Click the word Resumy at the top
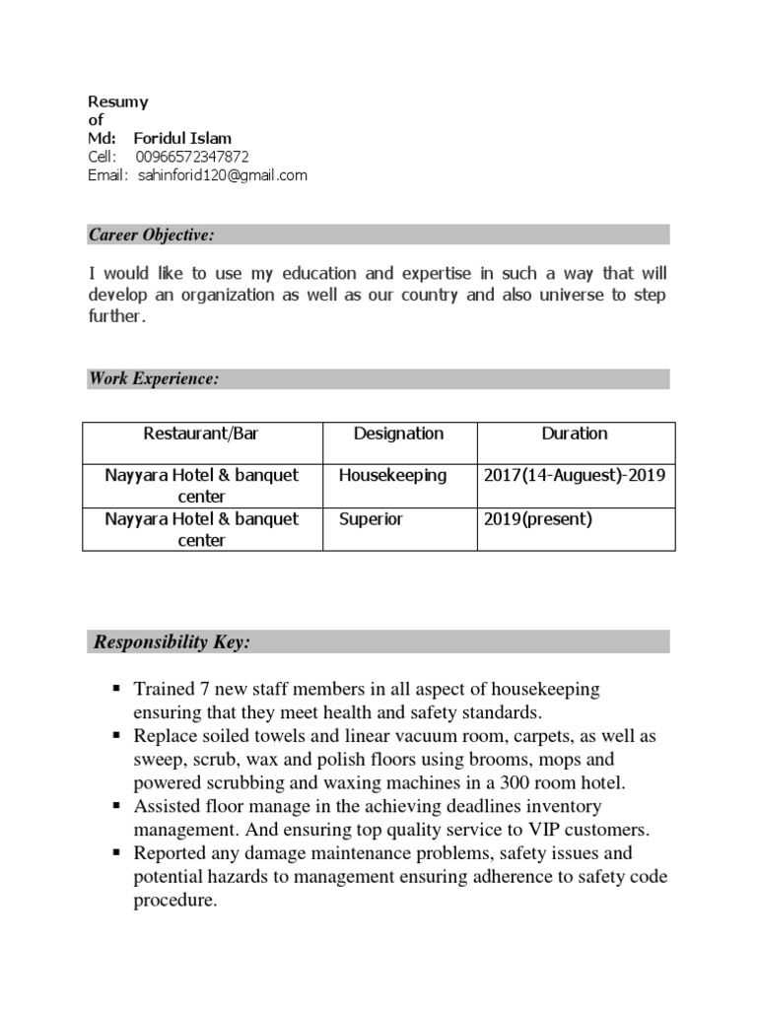(118, 101)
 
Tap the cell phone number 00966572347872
(192, 157)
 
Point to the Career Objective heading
(152, 235)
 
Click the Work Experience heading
(154, 379)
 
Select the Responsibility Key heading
(172, 642)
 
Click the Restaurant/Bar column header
(201, 434)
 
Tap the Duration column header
(575, 434)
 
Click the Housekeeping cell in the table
(392, 475)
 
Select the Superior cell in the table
(371, 518)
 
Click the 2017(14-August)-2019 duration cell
(575, 475)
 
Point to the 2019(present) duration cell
(537, 518)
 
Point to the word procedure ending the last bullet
(174, 901)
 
